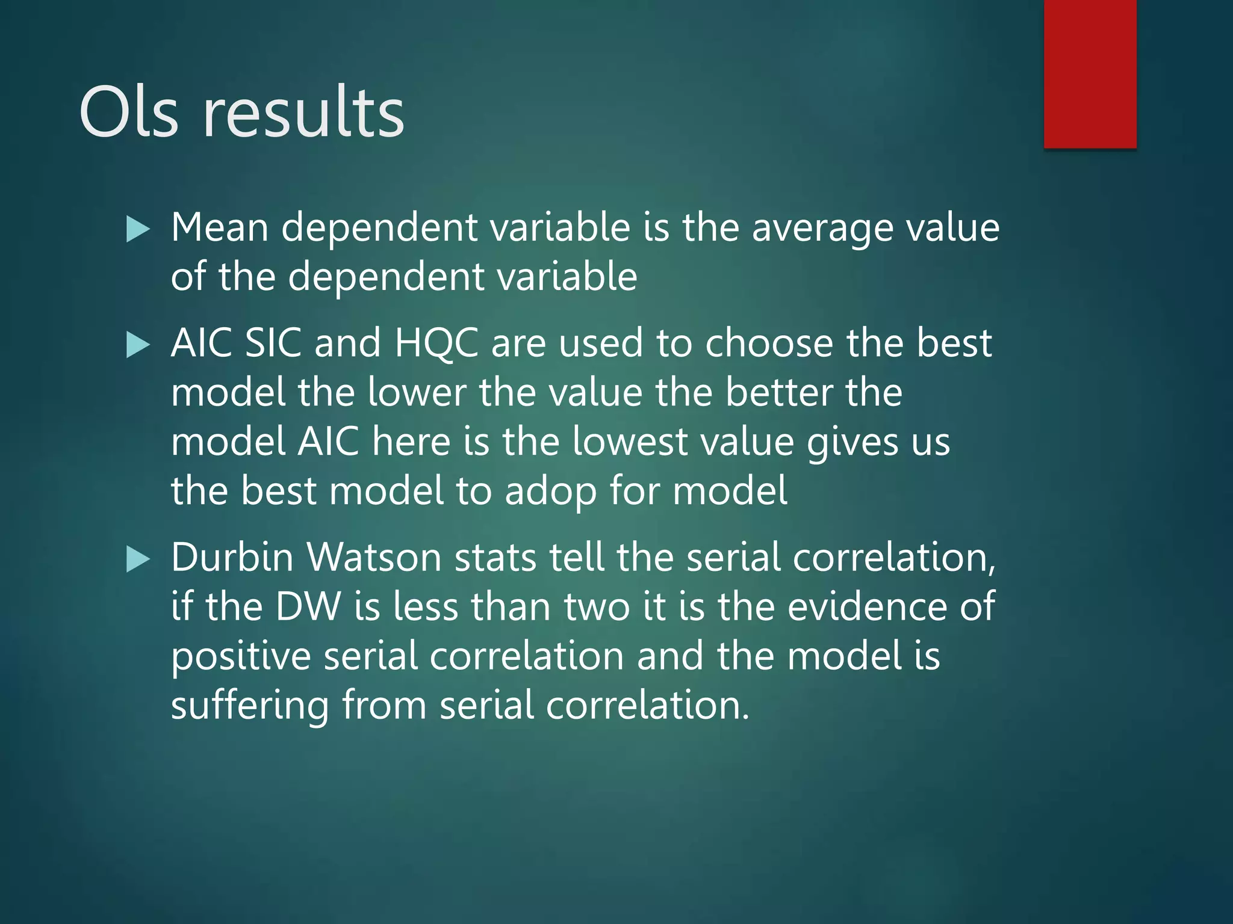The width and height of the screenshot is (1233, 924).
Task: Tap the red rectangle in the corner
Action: point(1090,73)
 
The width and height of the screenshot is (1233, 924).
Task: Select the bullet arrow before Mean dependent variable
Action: point(138,230)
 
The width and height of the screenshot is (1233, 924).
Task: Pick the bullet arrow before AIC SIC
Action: point(138,345)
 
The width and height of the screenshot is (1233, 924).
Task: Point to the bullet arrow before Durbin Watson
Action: point(138,559)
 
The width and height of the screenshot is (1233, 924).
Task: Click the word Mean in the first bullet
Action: point(220,229)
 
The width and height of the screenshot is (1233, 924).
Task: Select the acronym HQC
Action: point(436,344)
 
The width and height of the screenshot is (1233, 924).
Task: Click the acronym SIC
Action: point(273,344)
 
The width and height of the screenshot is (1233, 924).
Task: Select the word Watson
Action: point(374,558)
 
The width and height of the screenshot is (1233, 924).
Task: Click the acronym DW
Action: point(308,607)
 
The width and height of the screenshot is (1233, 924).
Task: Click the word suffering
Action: point(250,706)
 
